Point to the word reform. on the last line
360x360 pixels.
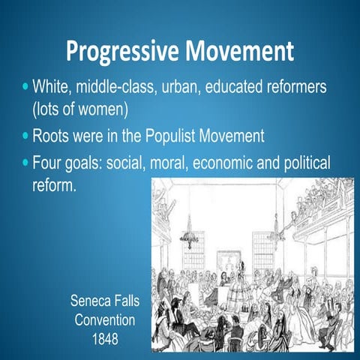(54, 184)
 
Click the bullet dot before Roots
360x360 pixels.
(25, 138)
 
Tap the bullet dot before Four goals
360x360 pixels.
(25, 164)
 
